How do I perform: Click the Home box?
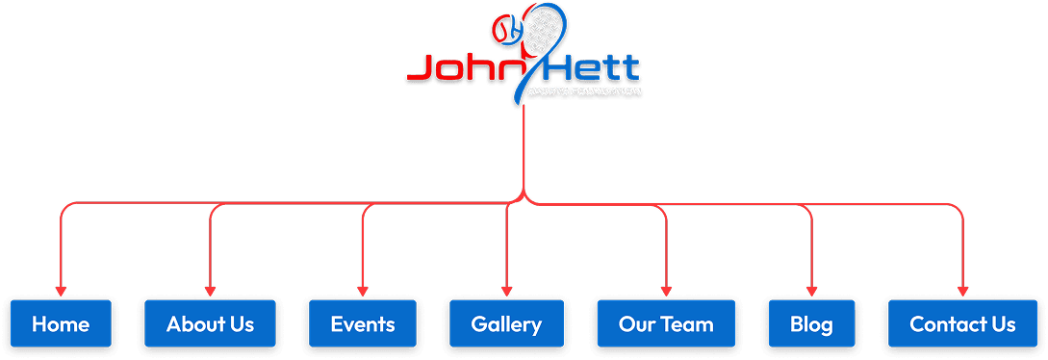61,324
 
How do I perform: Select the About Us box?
210,324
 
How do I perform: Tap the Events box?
363,324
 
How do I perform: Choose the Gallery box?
506,324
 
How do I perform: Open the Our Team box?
666,324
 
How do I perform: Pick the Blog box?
811,324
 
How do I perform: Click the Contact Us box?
962,324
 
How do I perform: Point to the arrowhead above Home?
61,291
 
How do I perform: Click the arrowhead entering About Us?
210,291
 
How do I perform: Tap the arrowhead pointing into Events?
363,291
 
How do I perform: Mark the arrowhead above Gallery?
506,291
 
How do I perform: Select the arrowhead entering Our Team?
666,291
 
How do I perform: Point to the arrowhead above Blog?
811,291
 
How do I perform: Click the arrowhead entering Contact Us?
962,291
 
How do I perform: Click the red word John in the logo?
458,68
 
